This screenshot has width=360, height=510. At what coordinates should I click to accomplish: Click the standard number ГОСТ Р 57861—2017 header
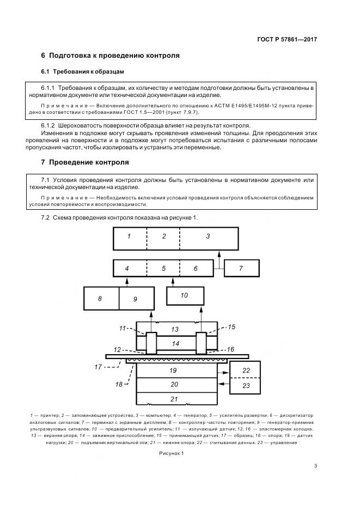(x=286, y=40)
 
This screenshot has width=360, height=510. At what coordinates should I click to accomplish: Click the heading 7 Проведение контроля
(x=86, y=162)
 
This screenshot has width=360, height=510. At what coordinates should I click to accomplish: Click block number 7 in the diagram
(x=241, y=269)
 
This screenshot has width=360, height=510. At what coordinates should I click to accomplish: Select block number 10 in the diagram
(x=184, y=295)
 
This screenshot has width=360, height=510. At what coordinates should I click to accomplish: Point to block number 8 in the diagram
(x=100, y=299)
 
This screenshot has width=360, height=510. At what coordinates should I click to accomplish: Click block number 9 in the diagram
(x=135, y=299)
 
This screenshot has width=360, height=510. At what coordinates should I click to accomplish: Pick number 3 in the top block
(x=208, y=236)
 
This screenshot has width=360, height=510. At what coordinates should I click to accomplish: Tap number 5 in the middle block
(x=163, y=269)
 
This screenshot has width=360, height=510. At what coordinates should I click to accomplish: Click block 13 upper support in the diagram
(x=174, y=329)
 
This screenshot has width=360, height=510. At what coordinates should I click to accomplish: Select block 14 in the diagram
(x=175, y=343)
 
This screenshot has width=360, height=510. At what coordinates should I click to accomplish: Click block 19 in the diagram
(x=174, y=371)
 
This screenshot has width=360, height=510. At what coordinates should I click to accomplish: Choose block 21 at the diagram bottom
(x=174, y=399)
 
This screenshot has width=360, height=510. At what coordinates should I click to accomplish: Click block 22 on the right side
(x=246, y=370)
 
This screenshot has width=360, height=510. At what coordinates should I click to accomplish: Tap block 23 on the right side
(x=246, y=385)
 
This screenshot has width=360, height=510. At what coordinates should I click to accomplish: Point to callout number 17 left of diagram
(x=98, y=367)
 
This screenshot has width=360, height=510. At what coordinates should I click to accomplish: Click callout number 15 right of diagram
(x=231, y=327)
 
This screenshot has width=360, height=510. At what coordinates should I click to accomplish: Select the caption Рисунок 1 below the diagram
(x=172, y=453)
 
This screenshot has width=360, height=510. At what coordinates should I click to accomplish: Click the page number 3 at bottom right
(x=316, y=466)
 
